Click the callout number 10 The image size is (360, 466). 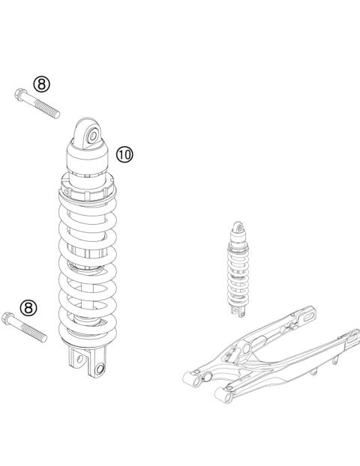click(124, 154)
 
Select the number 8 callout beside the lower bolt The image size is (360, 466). click(28, 307)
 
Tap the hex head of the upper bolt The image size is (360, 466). click(19, 94)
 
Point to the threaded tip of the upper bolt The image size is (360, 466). click(56, 113)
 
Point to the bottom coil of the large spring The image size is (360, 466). click(86, 330)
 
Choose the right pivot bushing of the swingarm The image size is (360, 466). click(223, 392)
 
